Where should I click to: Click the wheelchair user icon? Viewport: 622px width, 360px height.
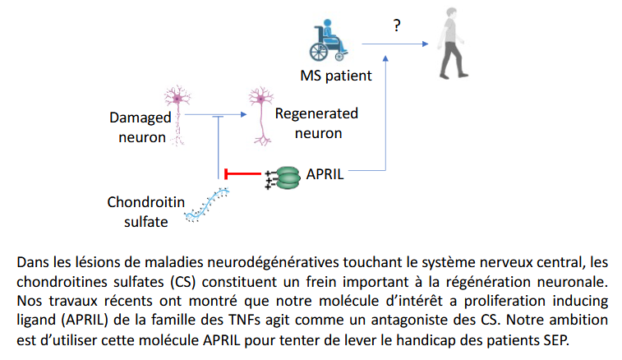pos(329,40)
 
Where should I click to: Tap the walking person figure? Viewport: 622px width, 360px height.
pos(453,43)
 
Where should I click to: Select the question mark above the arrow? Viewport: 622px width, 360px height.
pos(397,25)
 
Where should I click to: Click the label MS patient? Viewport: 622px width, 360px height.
pos(336,76)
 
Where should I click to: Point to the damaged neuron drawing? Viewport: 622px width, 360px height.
pos(178,115)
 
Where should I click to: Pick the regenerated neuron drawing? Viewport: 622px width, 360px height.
pos(261,116)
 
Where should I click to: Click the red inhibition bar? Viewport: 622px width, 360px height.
pos(242,174)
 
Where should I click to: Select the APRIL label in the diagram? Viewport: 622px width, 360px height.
pos(325,174)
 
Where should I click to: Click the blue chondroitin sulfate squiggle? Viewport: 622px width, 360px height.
pos(207,205)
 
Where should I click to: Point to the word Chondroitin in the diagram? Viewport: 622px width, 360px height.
pos(146,202)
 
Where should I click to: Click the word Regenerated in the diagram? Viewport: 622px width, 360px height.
pos(316,114)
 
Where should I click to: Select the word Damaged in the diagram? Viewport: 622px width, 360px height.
pos(140,118)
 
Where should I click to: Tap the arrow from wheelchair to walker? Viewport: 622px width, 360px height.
pos(395,44)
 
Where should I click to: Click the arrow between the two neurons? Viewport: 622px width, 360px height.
pos(216,115)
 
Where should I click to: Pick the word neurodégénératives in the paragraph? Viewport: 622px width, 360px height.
pos(274,263)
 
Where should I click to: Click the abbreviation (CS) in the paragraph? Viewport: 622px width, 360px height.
pos(183,282)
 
